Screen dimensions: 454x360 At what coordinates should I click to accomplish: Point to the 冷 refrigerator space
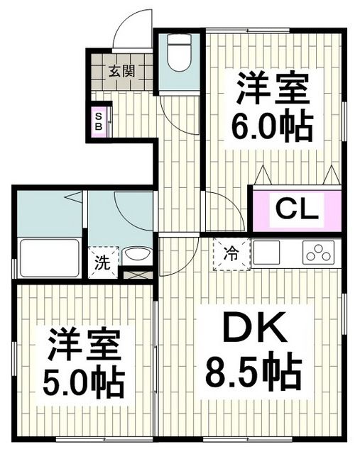click(231, 252)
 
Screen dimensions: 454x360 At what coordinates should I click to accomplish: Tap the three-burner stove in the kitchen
click(319, 252)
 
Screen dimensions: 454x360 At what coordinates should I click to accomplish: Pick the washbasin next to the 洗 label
click(136, 255)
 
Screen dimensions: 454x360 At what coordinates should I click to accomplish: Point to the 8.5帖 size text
click(253, 372)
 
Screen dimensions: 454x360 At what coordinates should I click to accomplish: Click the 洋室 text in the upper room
click(271, 90)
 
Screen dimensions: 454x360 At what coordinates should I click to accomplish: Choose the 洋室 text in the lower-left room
click(84, 348)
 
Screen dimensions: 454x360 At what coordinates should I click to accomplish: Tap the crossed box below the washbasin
click(136, 273)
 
